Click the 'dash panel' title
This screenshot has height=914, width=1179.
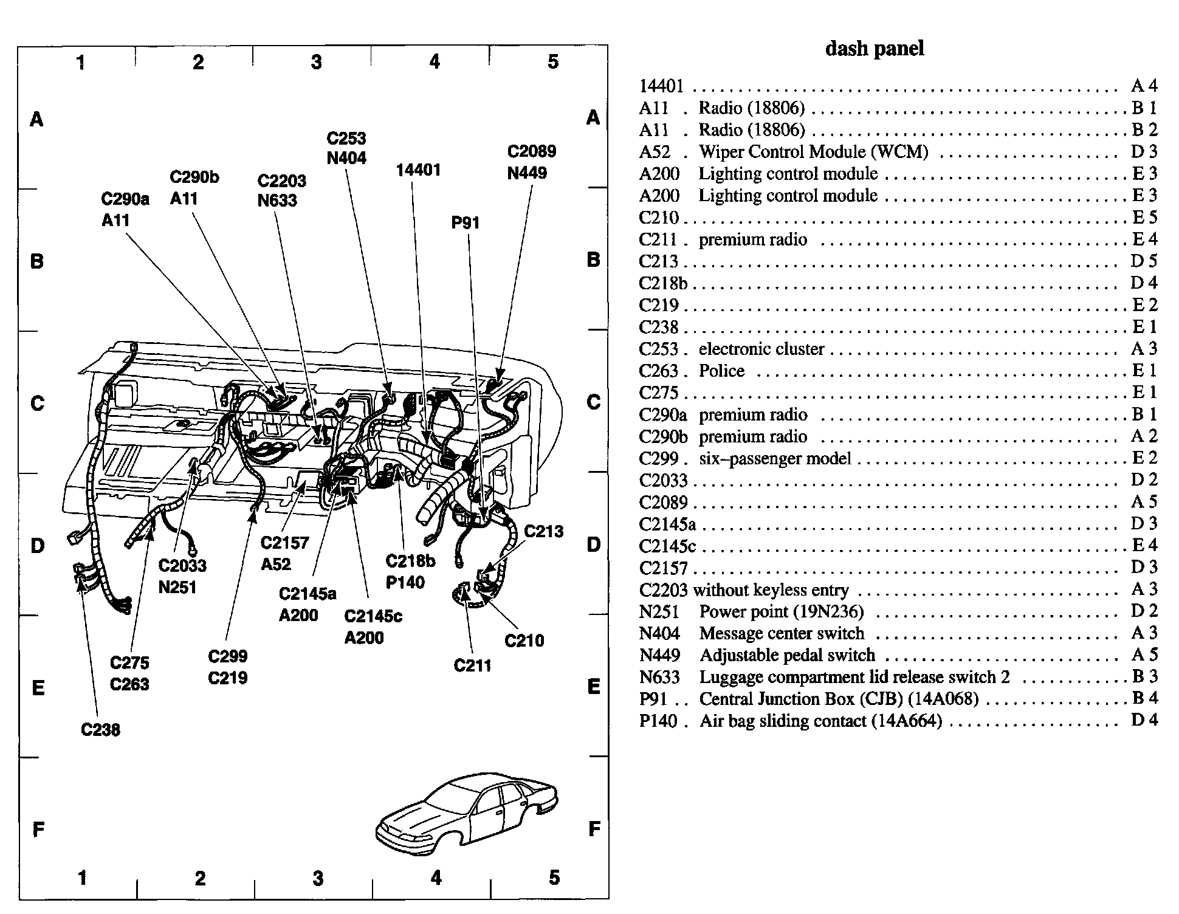click(x=874, y=49)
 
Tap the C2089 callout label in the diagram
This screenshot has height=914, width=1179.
click(x=531, y=151)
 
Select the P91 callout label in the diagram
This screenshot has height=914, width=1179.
click(x=466, y=223)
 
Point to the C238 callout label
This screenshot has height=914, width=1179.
click(x=100, y=729)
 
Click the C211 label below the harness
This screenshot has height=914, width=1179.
click(x=472, y=665)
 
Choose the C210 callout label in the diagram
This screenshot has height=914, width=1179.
click(x=524, y=640)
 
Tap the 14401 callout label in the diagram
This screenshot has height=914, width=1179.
click(x=418, y=170)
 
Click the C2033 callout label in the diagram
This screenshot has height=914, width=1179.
click(x=182, y=565)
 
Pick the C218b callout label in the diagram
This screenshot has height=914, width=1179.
click(x=410, y=561)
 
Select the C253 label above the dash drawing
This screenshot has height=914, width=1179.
click(x=346, y=139)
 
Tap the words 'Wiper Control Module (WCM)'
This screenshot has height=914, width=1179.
click(x=813, y=151)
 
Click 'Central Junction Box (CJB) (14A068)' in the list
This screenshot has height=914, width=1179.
click(x=839, y=699)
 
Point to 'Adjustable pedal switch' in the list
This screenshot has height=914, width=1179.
click(x=787, y=655)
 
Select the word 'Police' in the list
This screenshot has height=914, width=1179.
click(x=721, y=371)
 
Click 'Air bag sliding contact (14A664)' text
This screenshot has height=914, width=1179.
click(x=820, y=721)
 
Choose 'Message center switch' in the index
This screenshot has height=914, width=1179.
click(x=782, y=633)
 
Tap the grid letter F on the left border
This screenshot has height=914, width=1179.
click(x=38, y=830)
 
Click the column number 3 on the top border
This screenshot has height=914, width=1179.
click(x=316, y=61)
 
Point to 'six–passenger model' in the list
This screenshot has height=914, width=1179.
click(x=775, y=458)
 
